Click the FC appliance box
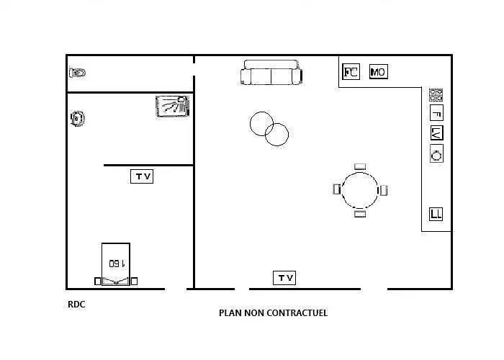pyautogui.click(x=351, y=71)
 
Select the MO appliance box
pyautogui.click(x=378, y=71)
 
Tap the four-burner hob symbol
pyautogui.click(x=436, y=95)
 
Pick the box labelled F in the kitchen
pyautogui.click(x=436, y=113)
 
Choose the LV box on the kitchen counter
pyautogui.click(x=436, y=132)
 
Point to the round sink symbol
pyautogui.click(x=436, y=153)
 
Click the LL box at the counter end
pyautogui.click(x=436, y=214)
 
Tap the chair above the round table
pyautogui.click(x=360, y=166)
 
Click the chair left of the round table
pyautogui.click(x=336, y=189)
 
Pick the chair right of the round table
pyautogui.click(x=384, y=190)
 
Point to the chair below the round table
pyautogui.click(x=360, y=213)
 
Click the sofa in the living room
pyautogui.click(x=271, y=73)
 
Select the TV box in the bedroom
pyautogui.click(x=142, y=176)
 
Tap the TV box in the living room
pyautogui.click(x=284, y=278)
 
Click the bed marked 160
pyautogui.click(x=116, y=264)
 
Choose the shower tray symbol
pyautogui.click(x=173, y=106)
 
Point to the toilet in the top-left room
pyautogui.click(x=78, y=73)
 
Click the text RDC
pyautogui.click(x=76, y=305)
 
